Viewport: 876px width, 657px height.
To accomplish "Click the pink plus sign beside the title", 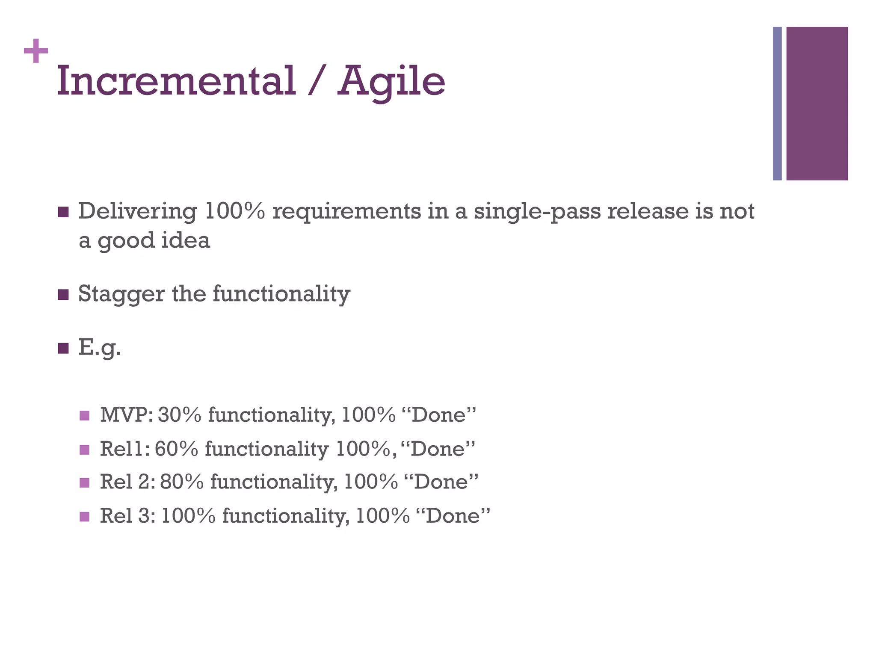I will (x=36, y=51).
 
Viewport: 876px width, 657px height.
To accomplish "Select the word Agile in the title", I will (x=391, y=81).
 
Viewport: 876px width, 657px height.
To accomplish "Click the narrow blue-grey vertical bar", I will (x=777, y=104).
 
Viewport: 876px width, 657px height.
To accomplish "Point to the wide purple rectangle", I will (x=817, y=104).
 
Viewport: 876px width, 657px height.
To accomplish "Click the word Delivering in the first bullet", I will (x=137, y=211).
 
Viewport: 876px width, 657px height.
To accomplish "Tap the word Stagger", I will (x=121, y=295).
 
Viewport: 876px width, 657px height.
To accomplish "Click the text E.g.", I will (x=100, y=348).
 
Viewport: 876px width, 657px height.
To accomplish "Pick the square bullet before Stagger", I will (x=63, y=295).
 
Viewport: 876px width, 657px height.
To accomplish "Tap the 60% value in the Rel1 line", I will (x=177, y=449).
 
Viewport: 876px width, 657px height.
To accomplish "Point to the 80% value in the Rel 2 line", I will (x=182, y=482).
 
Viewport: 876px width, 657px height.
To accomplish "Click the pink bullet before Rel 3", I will (x=85, y=516).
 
